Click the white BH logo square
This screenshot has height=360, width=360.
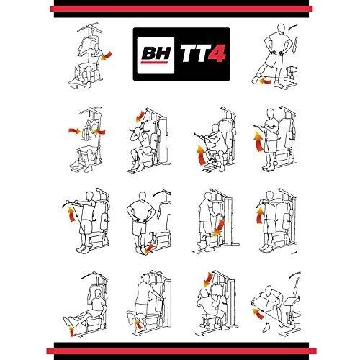click(x=156, y=55)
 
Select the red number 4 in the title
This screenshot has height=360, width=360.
click(x=217, y=53)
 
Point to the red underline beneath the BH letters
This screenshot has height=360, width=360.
click(x=154, y=63)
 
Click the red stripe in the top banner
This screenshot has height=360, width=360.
click(x=181, y=9)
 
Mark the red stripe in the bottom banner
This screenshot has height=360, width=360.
click(x=181, y=351)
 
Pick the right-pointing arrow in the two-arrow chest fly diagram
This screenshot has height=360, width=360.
click(x=75, y=131)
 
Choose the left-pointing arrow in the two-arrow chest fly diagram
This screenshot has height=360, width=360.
click(x=99, y=132)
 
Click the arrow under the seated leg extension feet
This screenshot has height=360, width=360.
click(x=71, y=331)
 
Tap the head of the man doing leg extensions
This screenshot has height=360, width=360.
click(x=98, y=294)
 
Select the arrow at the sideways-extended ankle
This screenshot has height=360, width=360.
click(x=265, y=82)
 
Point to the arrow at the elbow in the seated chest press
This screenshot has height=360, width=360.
click(x=106, y=56)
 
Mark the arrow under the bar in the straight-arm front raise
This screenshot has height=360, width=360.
click(x=71, y=214)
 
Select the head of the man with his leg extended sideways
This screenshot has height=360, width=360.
click(x=281, y=28)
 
